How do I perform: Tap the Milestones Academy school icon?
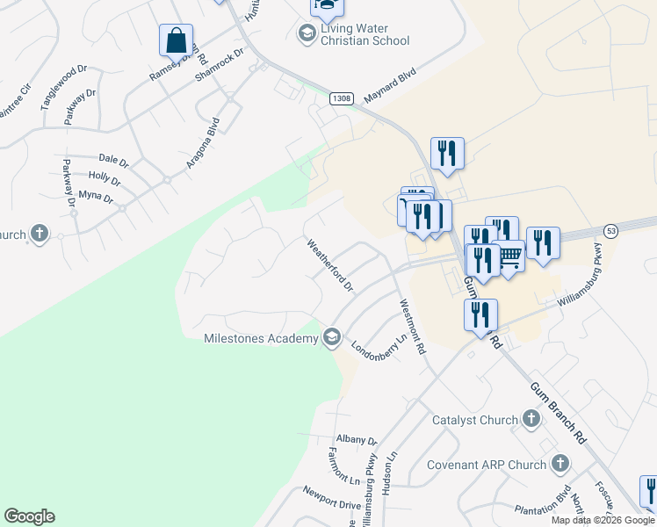coord(332,337)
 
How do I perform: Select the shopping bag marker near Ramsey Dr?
coord(176,40)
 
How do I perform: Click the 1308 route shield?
coord(342,98)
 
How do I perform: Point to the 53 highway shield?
coord(611,229)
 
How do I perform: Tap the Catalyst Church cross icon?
coord(531,419)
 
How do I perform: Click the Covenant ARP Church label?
coord(487,465)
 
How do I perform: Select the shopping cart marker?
coord(509,256)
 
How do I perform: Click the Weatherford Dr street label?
coord(330,264)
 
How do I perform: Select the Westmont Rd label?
coord(412,327)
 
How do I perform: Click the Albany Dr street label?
coord(356,440)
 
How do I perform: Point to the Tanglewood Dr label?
coord(64,86)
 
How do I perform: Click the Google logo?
coord(29,516)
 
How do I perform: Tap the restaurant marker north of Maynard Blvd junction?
coord(447,154)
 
